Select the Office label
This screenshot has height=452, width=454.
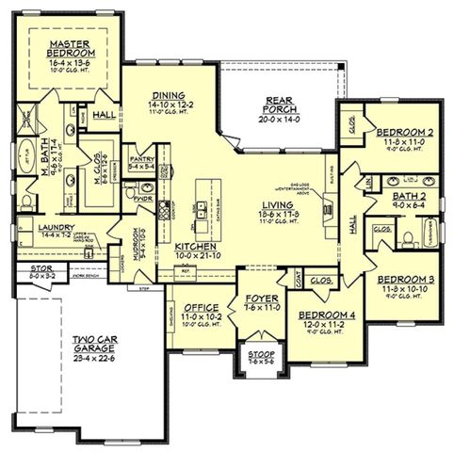click(x=200, y=308)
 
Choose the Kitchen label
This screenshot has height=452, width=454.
click(x=196, y=247)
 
